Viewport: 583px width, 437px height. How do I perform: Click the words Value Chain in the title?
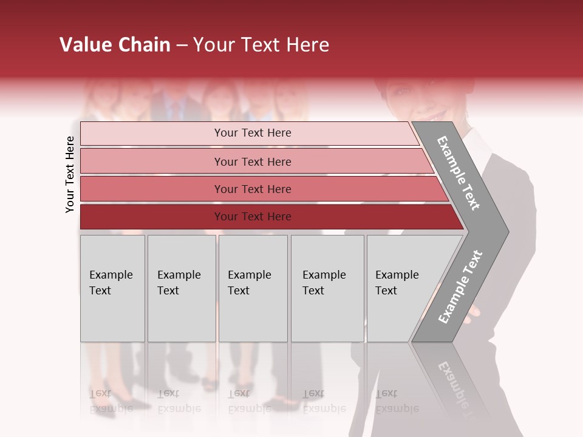click(x=115, y=45)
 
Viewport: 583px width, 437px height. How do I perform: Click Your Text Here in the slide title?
click(x=261, y=45)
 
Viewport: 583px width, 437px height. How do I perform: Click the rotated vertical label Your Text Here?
click(x=70, y=174)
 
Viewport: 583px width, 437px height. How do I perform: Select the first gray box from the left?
click(x=112, y=288)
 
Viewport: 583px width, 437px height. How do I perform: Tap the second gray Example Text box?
click(x=182, y=288)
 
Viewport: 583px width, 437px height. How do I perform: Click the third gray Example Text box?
click(x=253, y=288)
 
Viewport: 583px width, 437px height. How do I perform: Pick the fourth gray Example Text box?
click(x=327, y=288)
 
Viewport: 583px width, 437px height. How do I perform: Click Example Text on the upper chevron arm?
click(x=459, y=173)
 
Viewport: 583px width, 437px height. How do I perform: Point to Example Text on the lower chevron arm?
click(x=460, y=286)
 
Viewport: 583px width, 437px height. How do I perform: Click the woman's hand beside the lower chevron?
click(x=472, y=313)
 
